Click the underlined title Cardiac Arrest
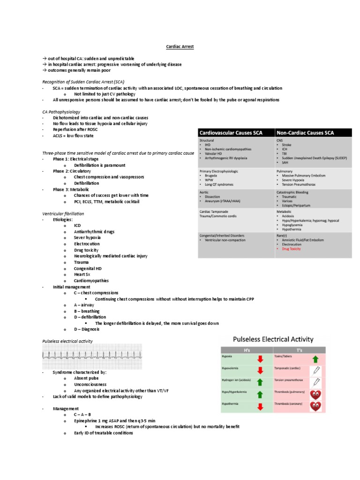click(180, 47)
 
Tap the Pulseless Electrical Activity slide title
click(273, 339)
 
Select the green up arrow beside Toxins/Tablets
click(315, 359)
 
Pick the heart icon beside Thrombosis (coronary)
click(315, 405)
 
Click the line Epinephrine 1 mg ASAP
click(114, 421)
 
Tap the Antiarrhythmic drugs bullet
click(94, 232)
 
